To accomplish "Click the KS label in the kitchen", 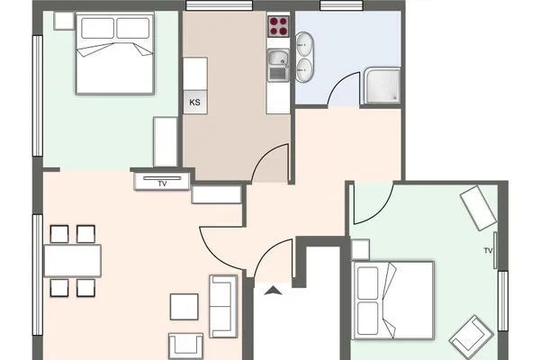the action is tap(195, 103).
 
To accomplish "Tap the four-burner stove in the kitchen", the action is tap(278, 26).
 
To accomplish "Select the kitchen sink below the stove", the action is tap(278, 65).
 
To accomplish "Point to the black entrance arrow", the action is tap(274, 291).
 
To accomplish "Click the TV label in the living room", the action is tap(162, 184).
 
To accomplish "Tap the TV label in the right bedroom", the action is tap(488, 251).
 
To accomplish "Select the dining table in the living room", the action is tap(73, 260).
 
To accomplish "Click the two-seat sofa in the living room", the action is tap(223, 306).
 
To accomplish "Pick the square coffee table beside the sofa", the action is tap(184, 307).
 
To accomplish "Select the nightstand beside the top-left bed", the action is tap(65, 21).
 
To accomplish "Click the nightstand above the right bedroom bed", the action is tap(360, 249).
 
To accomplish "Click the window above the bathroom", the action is tap(341, 5).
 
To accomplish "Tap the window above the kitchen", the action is tap(219, 5).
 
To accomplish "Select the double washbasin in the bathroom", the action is tap(304, 58).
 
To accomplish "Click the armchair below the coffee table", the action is tap(185, 346).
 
